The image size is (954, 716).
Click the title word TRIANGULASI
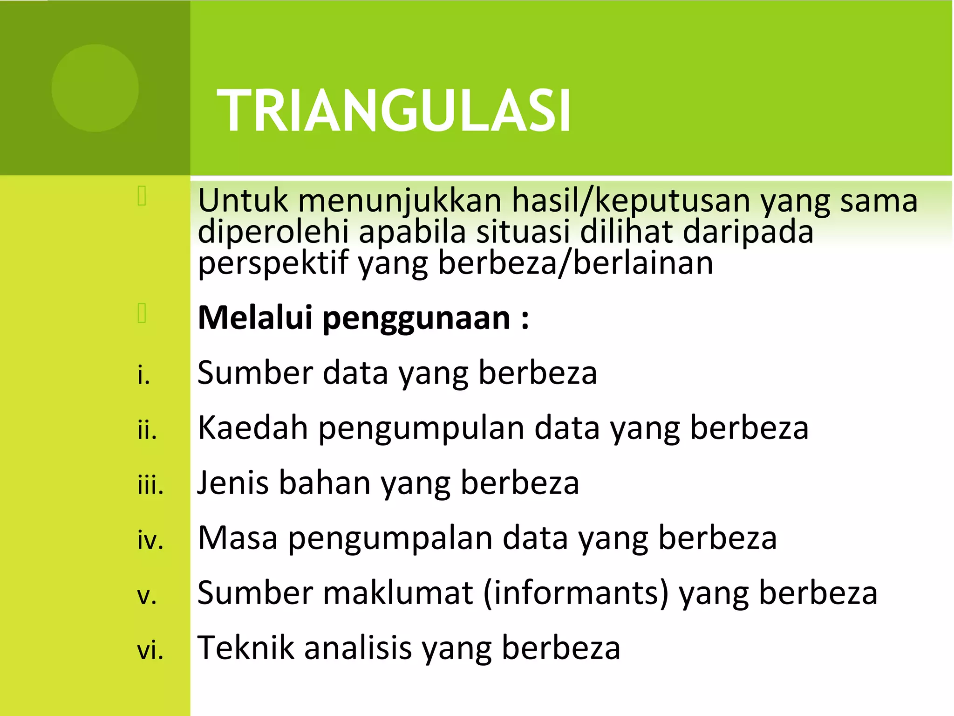click(x=394, y=111)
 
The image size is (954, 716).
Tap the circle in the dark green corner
click(x=95, y=88)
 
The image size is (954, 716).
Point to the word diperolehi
click(x=273, y=232)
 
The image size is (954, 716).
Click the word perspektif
click(x=273, y=263)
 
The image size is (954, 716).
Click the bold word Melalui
click(x=255, y=318)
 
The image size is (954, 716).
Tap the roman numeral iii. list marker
click(x=150, y=486)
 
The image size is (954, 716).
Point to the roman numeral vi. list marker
click(x=150, y=651)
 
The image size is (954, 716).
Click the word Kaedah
click(x=252, y=427)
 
